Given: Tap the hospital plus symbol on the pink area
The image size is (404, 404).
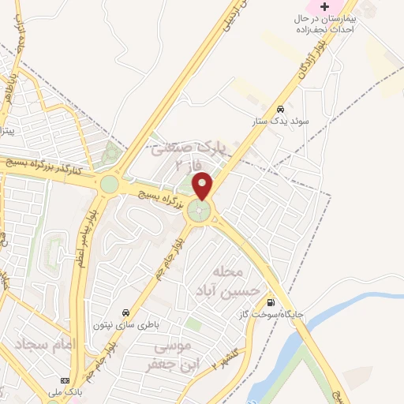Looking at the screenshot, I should (324, 6).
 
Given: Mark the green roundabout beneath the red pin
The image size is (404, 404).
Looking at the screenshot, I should (202, 211).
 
